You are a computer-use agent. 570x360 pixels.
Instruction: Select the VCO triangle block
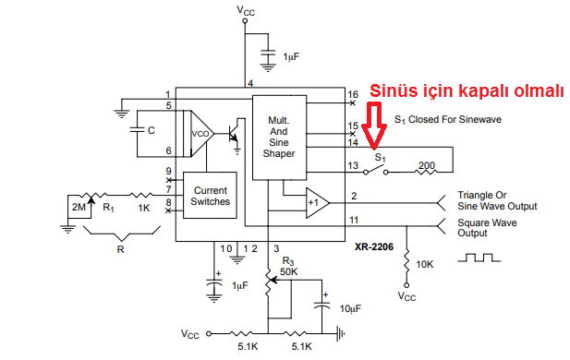(x=200, y=134)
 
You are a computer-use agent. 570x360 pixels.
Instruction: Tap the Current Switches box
(x=210, y=196)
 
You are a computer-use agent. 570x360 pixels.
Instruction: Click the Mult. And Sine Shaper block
(x=279, y=138)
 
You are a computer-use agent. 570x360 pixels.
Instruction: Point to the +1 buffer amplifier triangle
(x=317, y=203)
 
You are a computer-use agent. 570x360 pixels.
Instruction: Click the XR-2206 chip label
(x=374, y=247)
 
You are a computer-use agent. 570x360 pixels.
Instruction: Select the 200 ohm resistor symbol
(x=426, y=172)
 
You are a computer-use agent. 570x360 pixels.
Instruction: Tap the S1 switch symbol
(x=376, y=170)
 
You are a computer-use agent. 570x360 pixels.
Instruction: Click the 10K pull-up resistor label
(x=425, y=264)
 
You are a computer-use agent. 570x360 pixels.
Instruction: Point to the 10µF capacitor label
(x=350, y=309)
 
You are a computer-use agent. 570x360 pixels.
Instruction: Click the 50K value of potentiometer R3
(x=288, y=271)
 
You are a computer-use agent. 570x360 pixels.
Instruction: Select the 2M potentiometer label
(x=79, y=207)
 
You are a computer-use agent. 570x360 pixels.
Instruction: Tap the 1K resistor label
(x=143, y=208)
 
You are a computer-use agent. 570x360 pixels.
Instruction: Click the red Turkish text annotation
(x=467, y=90)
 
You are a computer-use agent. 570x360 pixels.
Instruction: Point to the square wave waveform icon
(x=479, y=258)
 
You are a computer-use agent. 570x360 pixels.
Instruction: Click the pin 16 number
(x=353, y=94)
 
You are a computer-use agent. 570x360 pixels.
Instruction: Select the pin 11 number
(x=354, y=220)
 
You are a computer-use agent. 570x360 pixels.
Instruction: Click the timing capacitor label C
(x=152, y=130)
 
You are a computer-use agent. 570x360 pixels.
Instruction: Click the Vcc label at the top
(x=246, y=10)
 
